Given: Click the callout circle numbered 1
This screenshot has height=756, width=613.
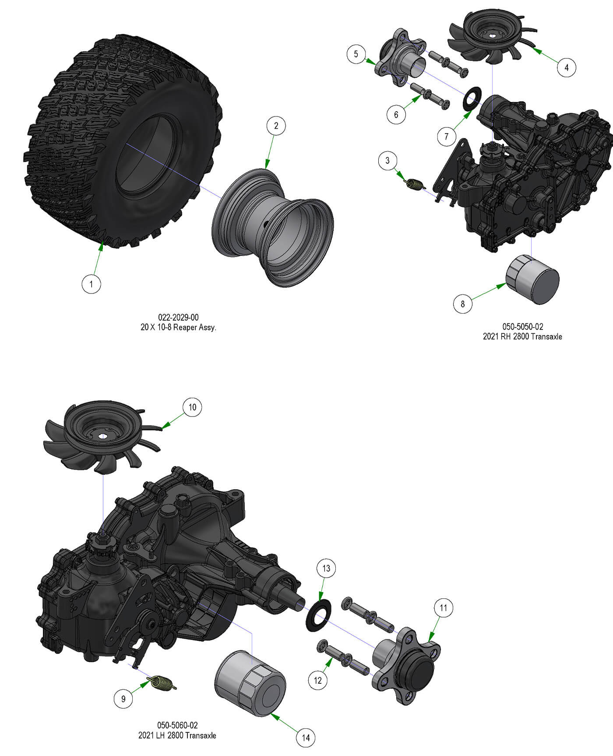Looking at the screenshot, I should coord(91,284).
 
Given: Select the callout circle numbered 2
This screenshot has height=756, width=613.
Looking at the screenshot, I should coord(276,126).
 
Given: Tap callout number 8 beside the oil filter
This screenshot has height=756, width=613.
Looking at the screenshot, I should coord(463,304).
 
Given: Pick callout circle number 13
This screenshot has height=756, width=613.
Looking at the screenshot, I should coord(326,569).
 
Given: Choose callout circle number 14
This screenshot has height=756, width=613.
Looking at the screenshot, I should coord(306,738).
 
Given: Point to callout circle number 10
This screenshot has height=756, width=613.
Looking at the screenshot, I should coord(192,407).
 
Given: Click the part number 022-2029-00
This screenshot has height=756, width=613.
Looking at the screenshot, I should coord(178,317).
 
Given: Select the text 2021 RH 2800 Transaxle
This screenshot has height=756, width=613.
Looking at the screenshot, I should coord(522,336).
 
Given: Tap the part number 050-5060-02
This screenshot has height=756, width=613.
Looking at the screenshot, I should coord(177,725).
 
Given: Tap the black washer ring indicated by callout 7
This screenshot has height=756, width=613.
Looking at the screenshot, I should coord(472,99).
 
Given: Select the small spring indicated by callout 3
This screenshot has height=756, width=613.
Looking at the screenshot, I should coord(415,184).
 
